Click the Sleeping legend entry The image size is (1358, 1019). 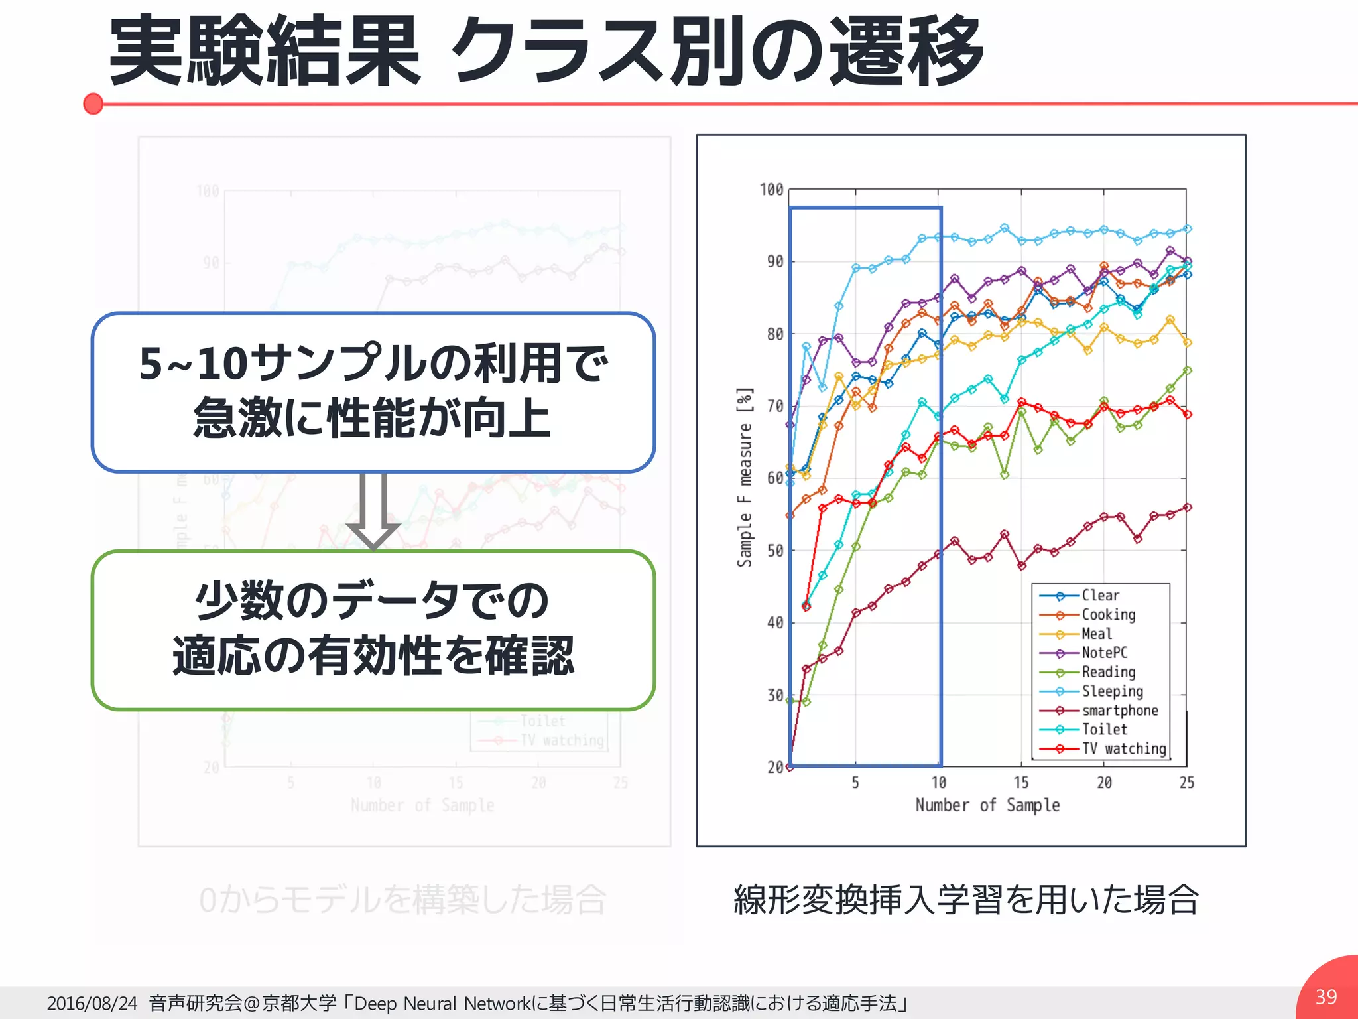[x=1112, y=691]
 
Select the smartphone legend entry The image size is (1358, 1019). [x=1119, y=711]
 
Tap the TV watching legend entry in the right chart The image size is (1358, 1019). [x=1123, y=749]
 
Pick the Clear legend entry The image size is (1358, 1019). [x=1100, y=596]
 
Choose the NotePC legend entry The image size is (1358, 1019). [x=1104, y=653]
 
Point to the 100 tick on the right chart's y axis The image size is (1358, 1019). [x=772, y=190]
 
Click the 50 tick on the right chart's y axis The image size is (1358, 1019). [x=775, y=551]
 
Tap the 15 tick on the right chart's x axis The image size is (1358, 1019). [x=1021, y=783]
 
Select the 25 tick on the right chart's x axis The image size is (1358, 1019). [x=1186, y=783]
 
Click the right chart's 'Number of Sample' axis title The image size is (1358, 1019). [x=987, y=805]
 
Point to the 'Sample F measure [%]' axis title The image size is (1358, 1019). [x=745, y=478]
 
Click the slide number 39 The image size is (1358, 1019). [x=1326, y=996]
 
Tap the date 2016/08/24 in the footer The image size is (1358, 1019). [x=92, y=1003]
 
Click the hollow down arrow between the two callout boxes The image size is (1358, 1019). [x=373, y=511]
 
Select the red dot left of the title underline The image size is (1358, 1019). [x=93, y=104]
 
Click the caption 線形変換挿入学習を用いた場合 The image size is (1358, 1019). [x=966, y=900]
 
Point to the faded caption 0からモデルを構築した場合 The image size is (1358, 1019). [x=402, y=900]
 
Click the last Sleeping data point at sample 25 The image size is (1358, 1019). [x=1187, y=229]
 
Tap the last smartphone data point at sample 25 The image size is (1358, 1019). [x=1187, y=508]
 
